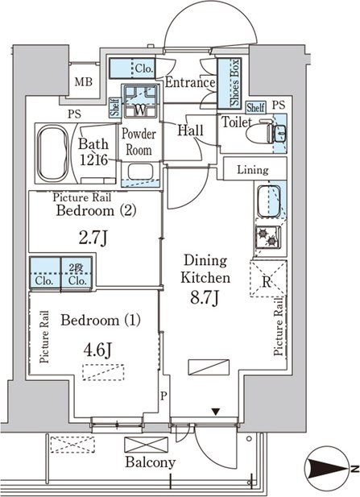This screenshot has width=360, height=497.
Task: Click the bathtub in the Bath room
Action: (x=52, y=153)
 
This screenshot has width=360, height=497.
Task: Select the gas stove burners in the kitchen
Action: (x=267, y=237)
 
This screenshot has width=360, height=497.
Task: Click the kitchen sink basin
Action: (x=269, y=200)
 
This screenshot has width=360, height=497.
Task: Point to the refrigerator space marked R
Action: (x=267, y=278)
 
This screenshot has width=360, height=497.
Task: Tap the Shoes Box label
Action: (x=235, y=83)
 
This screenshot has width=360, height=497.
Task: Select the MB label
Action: (x=84, y=82)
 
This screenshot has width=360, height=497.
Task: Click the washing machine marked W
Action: (x=140, y=101)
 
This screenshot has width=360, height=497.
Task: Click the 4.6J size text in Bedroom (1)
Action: (x=97, y=350)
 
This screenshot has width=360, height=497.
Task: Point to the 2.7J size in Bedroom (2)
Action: (x=93, y=238)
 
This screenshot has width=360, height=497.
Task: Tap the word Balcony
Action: (x=151, y=463)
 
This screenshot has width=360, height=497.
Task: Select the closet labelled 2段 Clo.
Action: (x=77, y=273)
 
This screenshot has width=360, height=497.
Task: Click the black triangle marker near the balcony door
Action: (x=216, y=412)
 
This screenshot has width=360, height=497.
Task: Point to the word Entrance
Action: (x=190, y=82)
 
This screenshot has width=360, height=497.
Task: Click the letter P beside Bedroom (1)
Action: (x=163, y=396)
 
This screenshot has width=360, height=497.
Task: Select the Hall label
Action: (x=190, y=130)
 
